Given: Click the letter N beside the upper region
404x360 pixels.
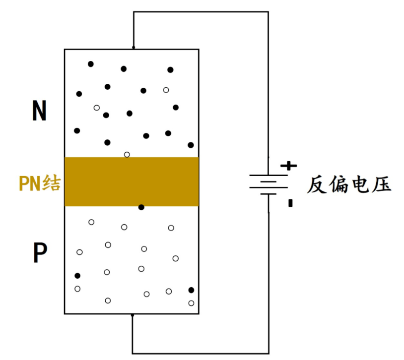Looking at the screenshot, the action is (x=39, y=111).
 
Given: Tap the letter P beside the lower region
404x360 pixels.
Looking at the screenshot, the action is (x=40, y=253).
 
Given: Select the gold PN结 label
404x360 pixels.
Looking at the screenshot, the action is (x=40, y=183).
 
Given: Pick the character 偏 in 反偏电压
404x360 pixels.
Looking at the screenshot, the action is (x=338, y=185).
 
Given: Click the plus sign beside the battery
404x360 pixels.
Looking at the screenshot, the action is (x=291, y=166).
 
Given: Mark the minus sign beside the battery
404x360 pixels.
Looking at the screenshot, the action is (x=290, y=203).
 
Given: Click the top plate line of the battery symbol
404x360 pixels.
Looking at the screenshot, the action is (x=269, y=175).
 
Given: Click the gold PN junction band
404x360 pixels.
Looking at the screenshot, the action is (x=132, y=181).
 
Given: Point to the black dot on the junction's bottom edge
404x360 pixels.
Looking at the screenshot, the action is (x=141, y=207).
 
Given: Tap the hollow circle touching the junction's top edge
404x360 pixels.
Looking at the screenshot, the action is (x=127, y=155).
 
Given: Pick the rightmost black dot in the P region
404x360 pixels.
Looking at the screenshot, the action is (x=191, y=290).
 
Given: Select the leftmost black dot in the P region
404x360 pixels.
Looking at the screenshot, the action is (x=77, y=276).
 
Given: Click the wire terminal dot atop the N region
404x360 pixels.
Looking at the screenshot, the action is (x=133, y=48).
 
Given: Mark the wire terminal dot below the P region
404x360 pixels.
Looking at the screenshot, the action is (x=133, y=315).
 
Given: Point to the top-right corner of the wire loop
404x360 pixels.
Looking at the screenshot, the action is (x=269, y=12).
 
